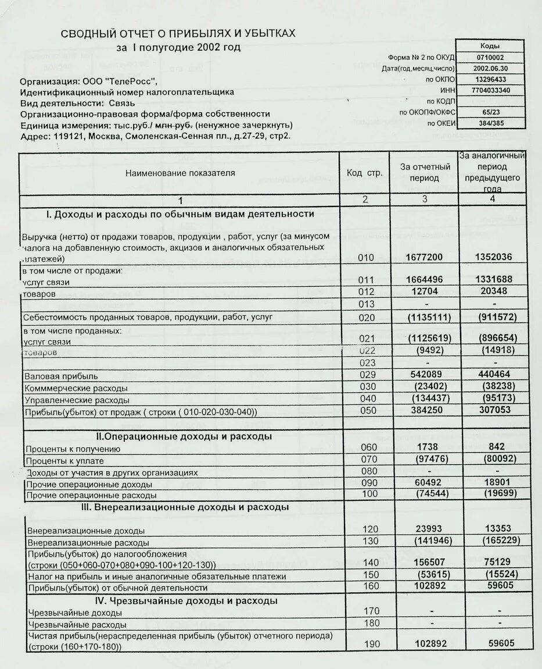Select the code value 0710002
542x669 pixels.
tap(490, 58)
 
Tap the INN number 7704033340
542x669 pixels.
tap(490, 90)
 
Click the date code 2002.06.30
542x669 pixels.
tap(490, 68)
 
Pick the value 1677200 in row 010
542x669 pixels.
tap(425, 257)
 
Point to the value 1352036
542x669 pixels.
tap(493, 257)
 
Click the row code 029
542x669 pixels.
tap(368, 376)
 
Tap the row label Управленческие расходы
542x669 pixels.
tap(77, 400)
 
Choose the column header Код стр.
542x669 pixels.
tap(365, 173)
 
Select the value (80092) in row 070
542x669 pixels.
tap(497, 459)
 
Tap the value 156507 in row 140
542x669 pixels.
tap(429, 563)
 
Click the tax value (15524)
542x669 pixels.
tap(497, 575)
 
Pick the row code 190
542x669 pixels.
tap(371, 645)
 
